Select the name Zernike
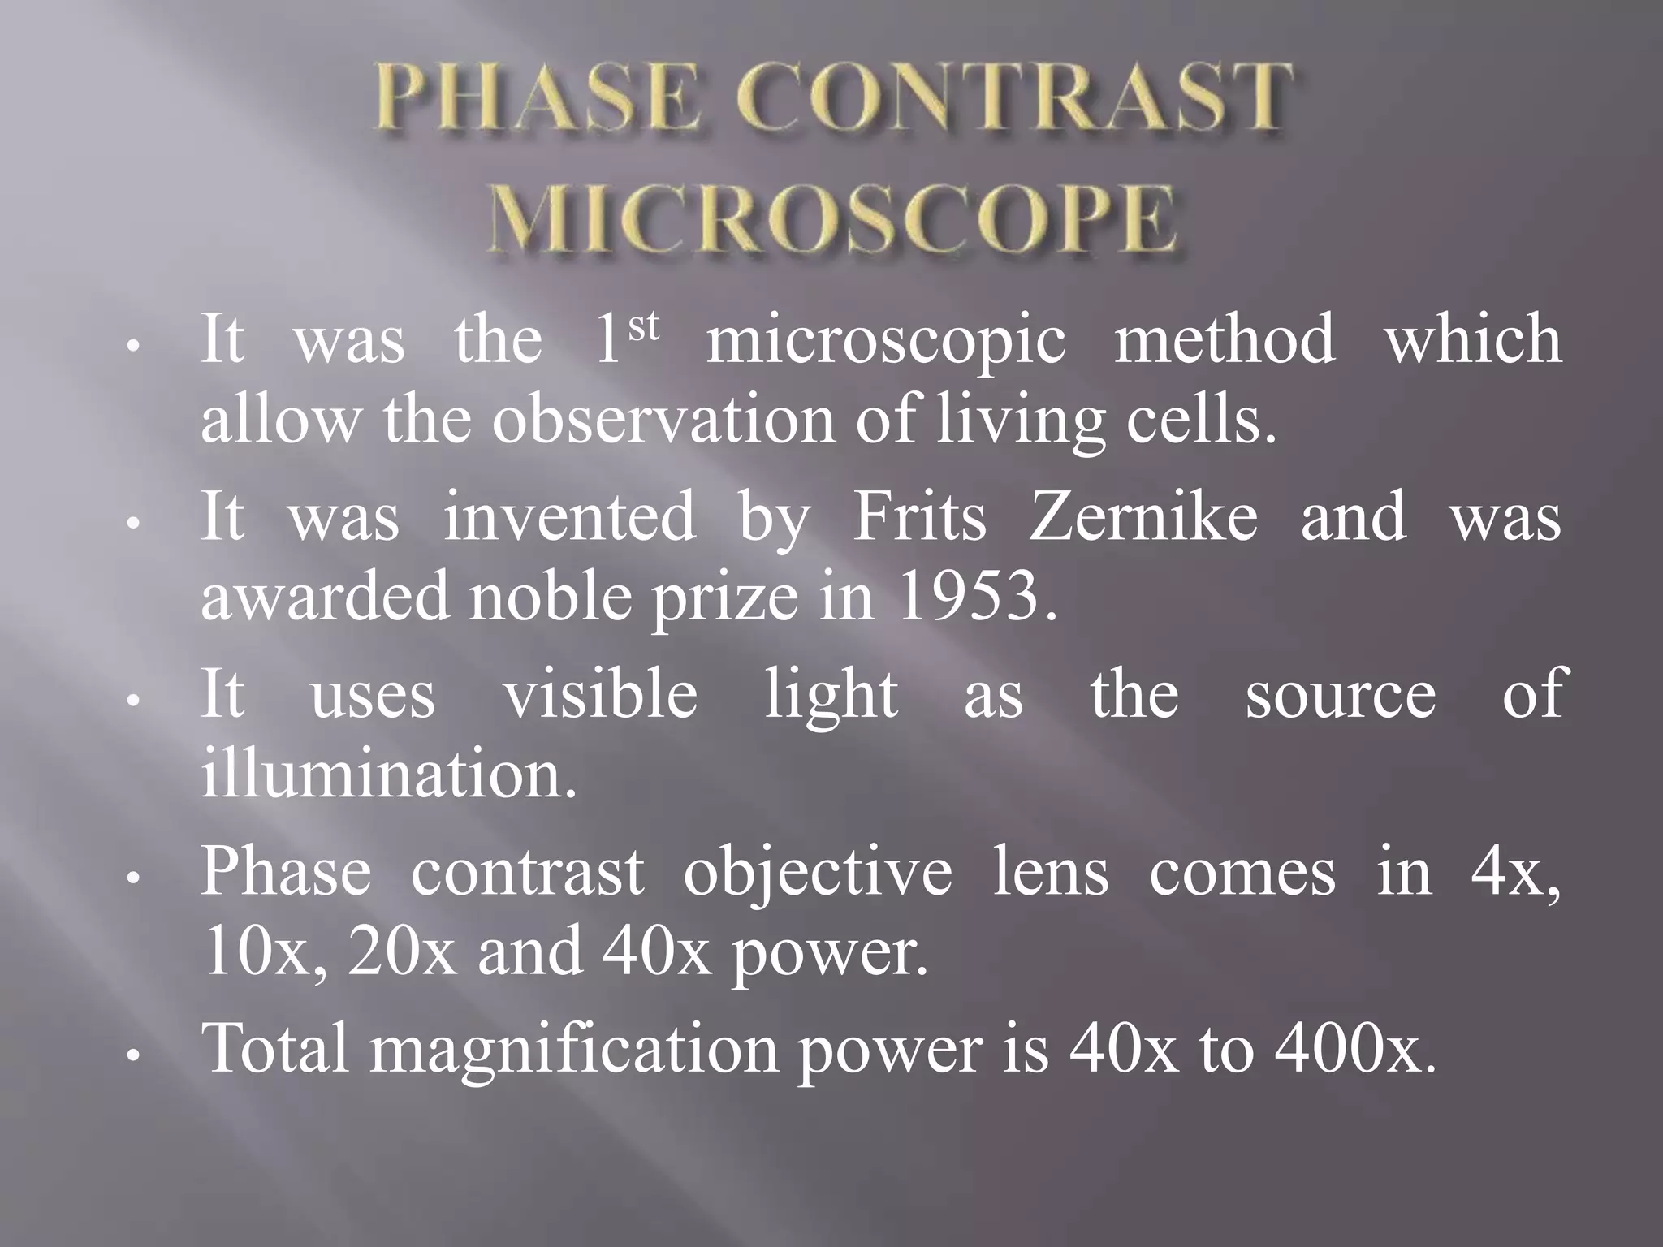pos(1143,517)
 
